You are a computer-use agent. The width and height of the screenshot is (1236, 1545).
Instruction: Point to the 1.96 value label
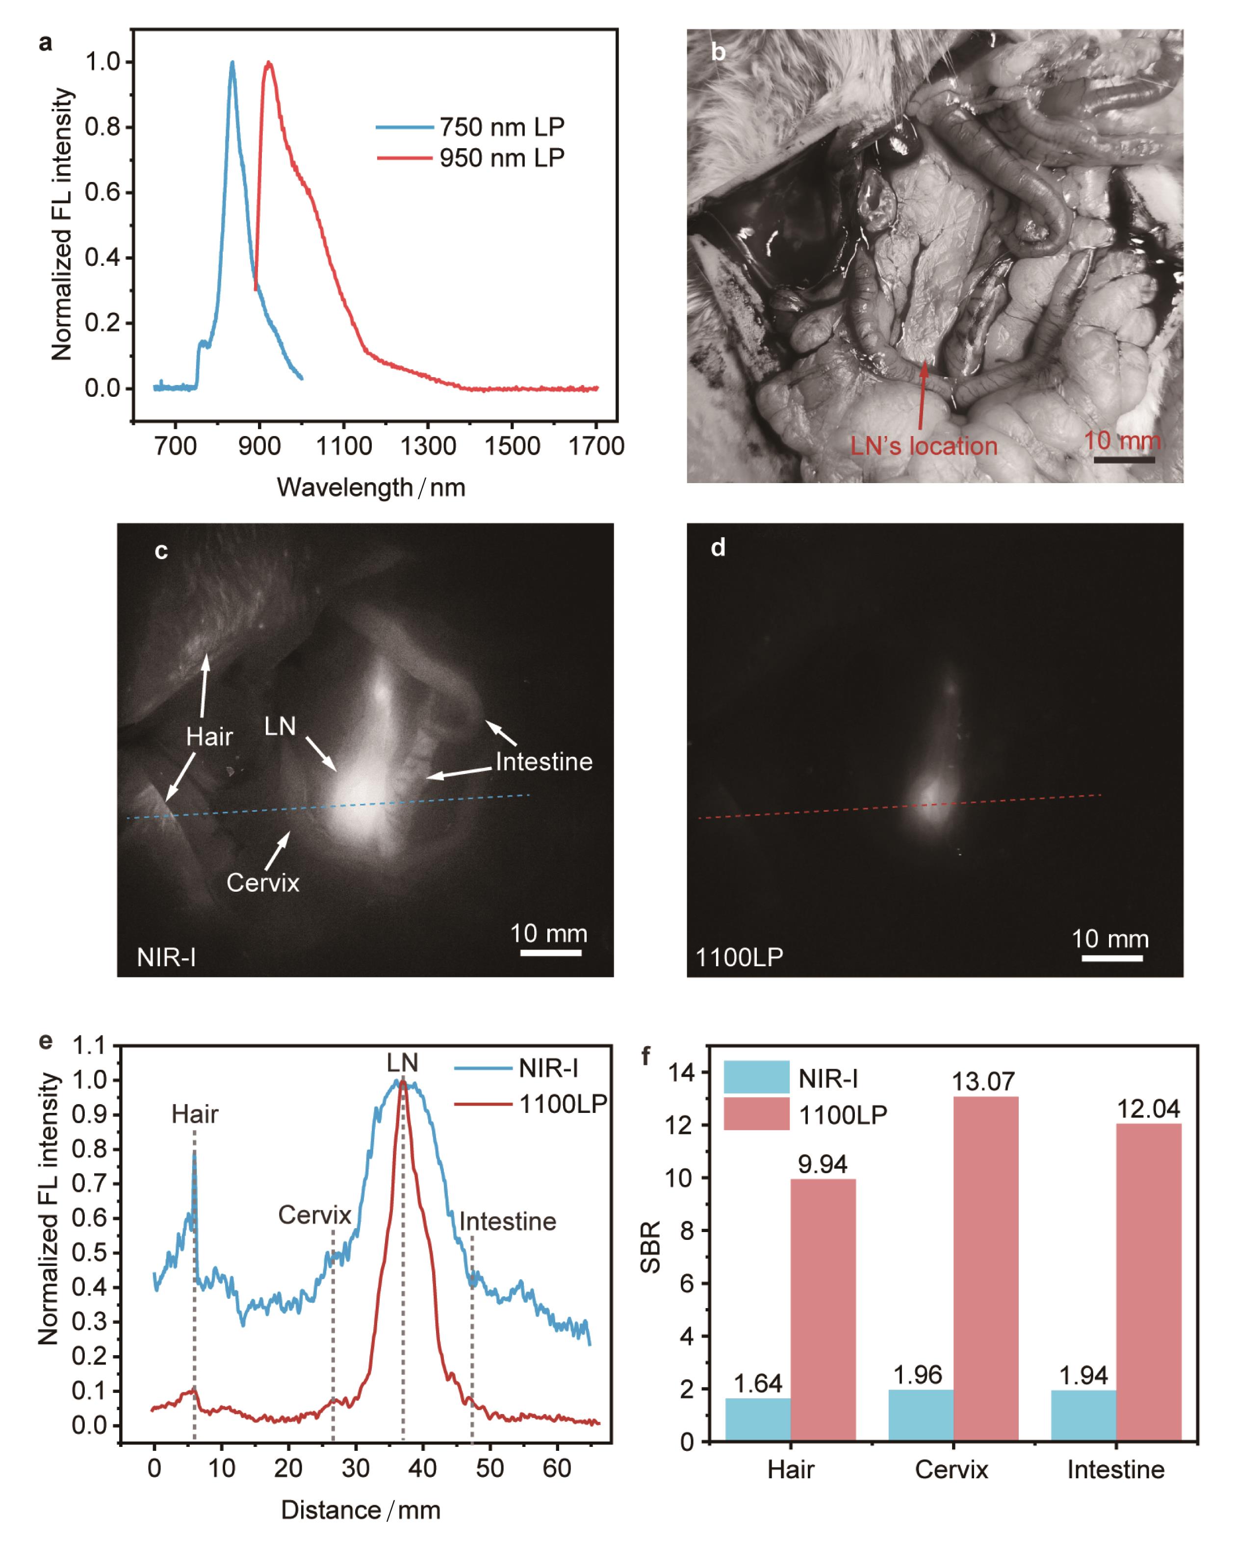click(917, 1374)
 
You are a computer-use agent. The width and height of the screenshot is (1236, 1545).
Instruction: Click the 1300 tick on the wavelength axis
click(428, 446)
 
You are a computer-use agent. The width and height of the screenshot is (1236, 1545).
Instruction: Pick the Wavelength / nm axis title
click(371, 488)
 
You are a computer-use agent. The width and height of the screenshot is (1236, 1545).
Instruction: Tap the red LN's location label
click(924, 446)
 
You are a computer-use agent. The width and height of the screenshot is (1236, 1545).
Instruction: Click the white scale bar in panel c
click(550, 953)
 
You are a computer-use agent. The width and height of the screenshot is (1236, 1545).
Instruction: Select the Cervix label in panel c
click(262, 882)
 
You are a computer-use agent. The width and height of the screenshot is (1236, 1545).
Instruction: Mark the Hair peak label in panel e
click(194, 1114)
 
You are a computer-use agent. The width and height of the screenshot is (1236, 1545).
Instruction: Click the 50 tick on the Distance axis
click(489, 1468)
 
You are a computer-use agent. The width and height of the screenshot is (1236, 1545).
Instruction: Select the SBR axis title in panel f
click(650, 1247)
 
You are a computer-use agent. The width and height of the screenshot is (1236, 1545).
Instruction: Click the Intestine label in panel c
click(544, 762)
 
